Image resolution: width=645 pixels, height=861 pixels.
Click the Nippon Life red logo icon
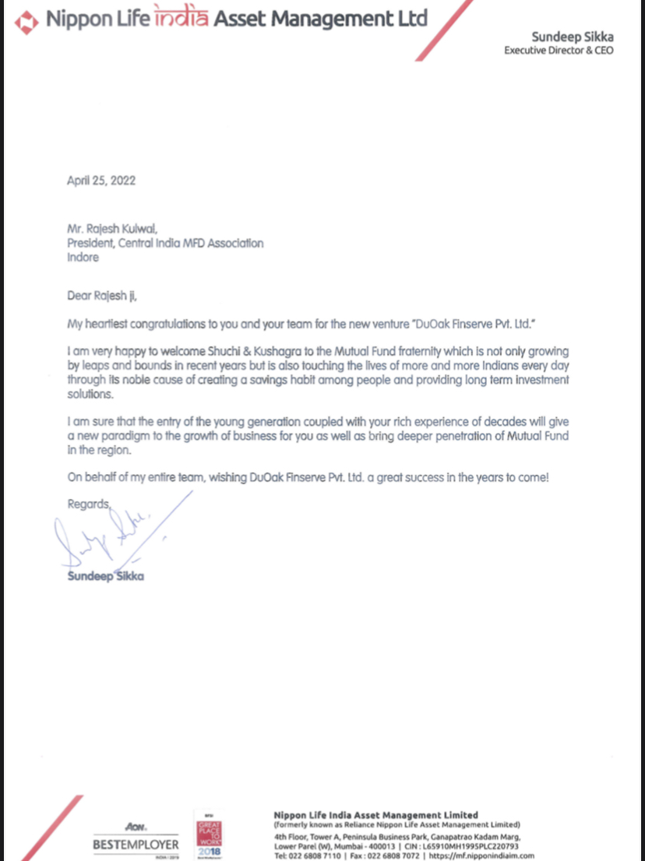(x=27, y=22)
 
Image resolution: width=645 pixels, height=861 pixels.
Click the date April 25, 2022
(x=102, y=181)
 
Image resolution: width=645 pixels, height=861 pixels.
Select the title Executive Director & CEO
(x=559, y=51)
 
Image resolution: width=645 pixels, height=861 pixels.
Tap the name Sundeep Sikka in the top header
(x=573, y=37)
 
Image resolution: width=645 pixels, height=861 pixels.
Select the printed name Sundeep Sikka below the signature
(x=106, y=577)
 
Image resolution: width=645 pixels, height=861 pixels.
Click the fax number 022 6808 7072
(x=396, y=856)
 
